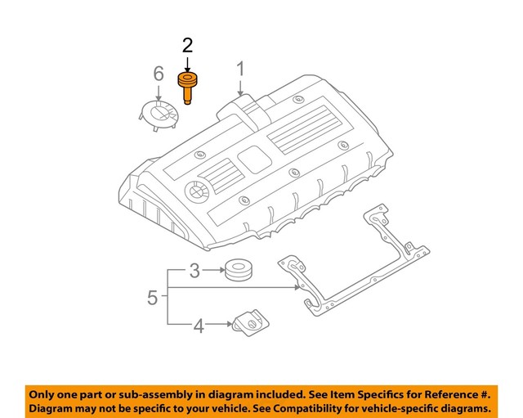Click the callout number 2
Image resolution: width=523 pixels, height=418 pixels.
coord(187,45)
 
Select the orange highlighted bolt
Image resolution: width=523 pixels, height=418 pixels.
coord(187,86)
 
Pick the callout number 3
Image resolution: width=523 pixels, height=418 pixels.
coord(194,270)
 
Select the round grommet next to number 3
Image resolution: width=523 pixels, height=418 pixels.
coord(239,268)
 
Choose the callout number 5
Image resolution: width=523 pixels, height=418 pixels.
coord(152,297)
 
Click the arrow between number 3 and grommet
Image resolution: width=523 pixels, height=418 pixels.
coord(214,270)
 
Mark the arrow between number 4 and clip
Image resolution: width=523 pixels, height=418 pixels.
coord(219,325)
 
